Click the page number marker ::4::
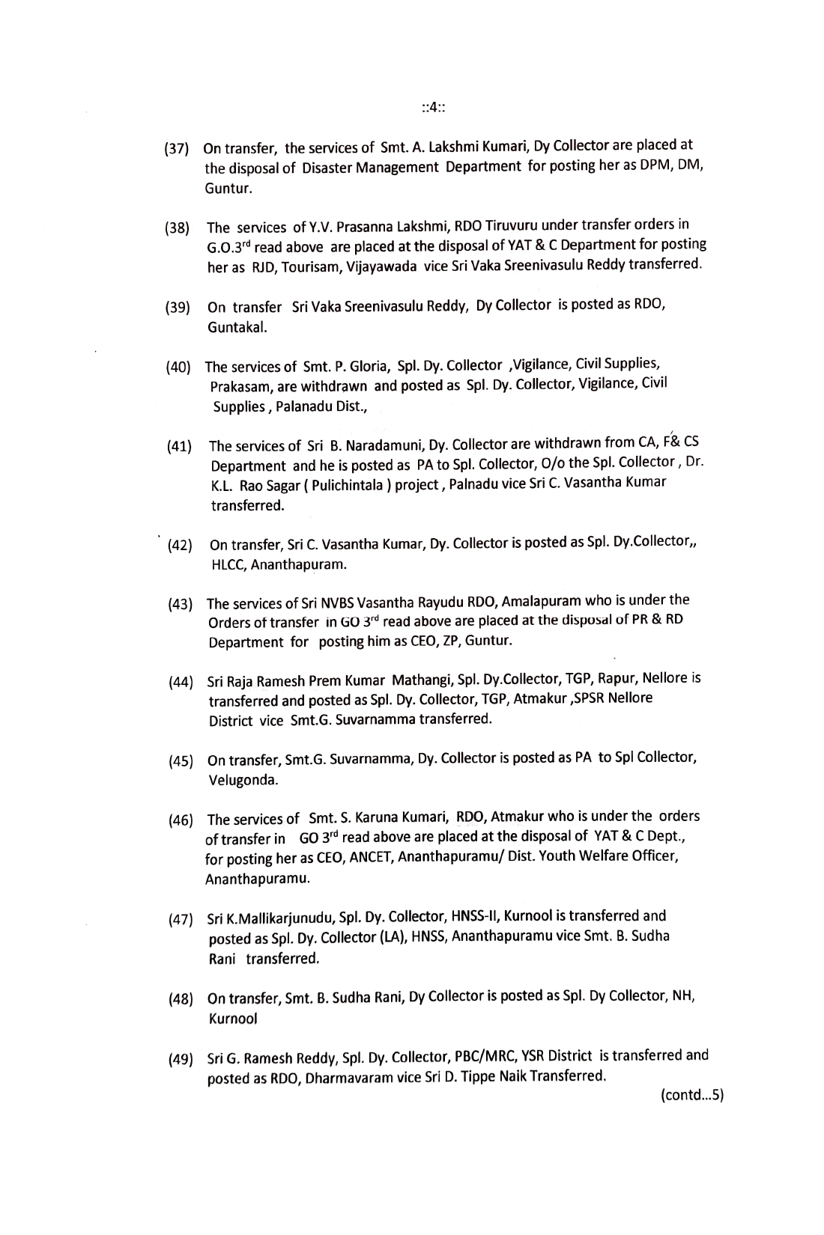click(434, 108)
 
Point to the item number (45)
click(181, 762)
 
